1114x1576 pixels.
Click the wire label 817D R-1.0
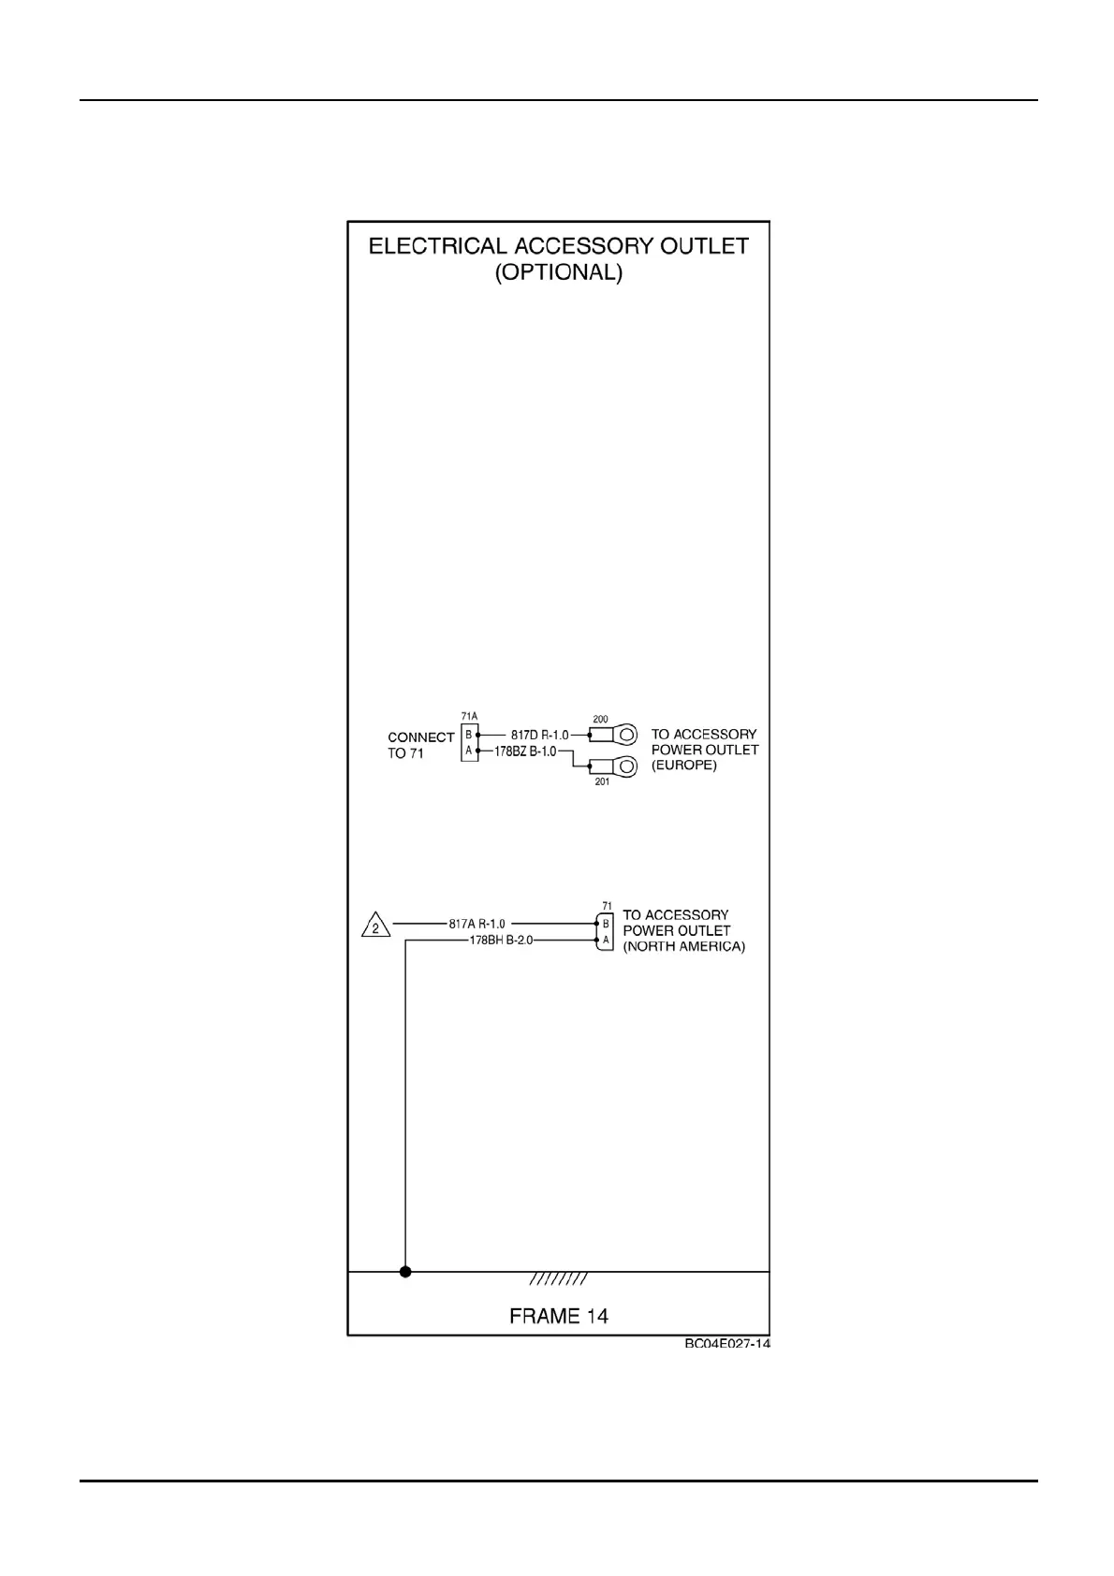539,735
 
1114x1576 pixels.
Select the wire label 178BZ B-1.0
525,751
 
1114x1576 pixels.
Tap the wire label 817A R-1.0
476,924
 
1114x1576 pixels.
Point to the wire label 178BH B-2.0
501,940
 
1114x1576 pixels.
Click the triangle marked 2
375,927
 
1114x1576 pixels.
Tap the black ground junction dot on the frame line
405,1272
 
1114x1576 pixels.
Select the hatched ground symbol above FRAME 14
558,1278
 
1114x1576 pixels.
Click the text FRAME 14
558,1316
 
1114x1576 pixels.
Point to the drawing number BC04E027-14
726,1344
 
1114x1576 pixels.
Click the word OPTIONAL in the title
558,273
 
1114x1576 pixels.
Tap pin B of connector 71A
469,735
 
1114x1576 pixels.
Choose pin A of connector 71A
469,751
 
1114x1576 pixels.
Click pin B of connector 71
606,924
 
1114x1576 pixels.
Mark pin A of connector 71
606,940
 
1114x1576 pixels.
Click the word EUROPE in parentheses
684,765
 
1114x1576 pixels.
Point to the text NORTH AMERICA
684,946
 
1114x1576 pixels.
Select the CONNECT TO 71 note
420,745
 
